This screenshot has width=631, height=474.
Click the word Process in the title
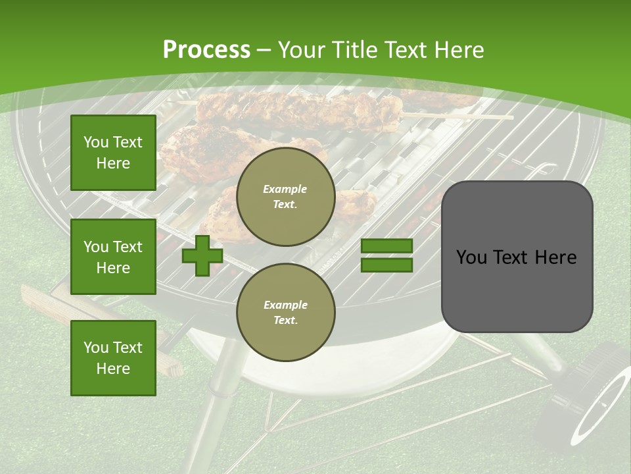[x=206, y=49]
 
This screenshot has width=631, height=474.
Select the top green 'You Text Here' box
[x=113, y=153]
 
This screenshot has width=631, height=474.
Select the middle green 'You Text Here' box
[x=113, y=257]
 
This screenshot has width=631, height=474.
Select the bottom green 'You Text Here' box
[x=113, y=357]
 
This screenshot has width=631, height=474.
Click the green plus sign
[x=202, y=255]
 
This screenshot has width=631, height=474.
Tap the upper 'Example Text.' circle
[x=285, y=197]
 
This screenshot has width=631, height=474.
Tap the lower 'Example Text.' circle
[x=285, y=312]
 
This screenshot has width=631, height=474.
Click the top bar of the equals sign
[x=386, y=246]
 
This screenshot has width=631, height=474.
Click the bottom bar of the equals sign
[x=386, y=265]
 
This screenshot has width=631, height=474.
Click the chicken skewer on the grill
[x=296, y=109]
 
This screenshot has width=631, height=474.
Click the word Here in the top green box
[x=113, y=163]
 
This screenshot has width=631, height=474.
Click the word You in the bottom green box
[x=96, y=347]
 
